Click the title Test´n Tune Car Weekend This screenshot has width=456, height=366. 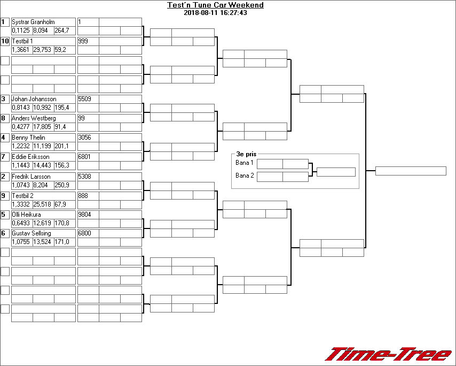[215, 5]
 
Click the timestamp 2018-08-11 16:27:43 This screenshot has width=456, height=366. [215, 13]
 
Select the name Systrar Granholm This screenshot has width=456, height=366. [33, 22]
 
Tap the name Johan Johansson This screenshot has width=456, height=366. [34, 99]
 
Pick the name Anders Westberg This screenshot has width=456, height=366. [34, 118]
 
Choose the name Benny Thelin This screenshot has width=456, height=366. [28, 138]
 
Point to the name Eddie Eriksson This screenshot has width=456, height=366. [30, 157]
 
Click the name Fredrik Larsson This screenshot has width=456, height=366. [31, 177]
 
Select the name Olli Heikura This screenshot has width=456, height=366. [26, 215]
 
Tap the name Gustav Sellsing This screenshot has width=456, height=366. [32, 234]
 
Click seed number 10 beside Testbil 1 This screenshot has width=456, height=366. [5, 41]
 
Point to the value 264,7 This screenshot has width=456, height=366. [62, 30]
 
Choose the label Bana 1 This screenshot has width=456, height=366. [244, 163]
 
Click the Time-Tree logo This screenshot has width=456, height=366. [389, 354]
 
